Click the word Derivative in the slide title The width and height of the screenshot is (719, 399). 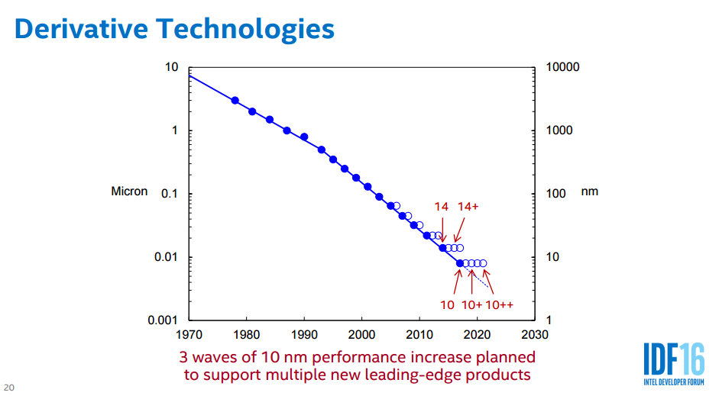[x=81, y=28]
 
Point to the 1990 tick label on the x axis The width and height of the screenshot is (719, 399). [x=303, y=334]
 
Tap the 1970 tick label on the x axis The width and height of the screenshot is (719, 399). [x=188, y=334]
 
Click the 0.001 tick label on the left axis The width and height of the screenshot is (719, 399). [x=163, y=320]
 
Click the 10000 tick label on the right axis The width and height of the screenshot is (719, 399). [x=563, y=67]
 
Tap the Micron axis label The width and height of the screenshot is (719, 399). [x=129, y=191]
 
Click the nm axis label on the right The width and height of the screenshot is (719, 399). [x=590, y=191]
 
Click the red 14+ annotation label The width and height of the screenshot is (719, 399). [x=468, y=207]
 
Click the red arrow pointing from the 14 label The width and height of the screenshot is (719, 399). [x=442, y=230]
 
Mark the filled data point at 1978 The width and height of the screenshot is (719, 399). [x=235, y=101]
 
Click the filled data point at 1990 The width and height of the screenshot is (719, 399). [x=304, y=137]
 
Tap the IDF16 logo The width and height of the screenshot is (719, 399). [x=673, y=363]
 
